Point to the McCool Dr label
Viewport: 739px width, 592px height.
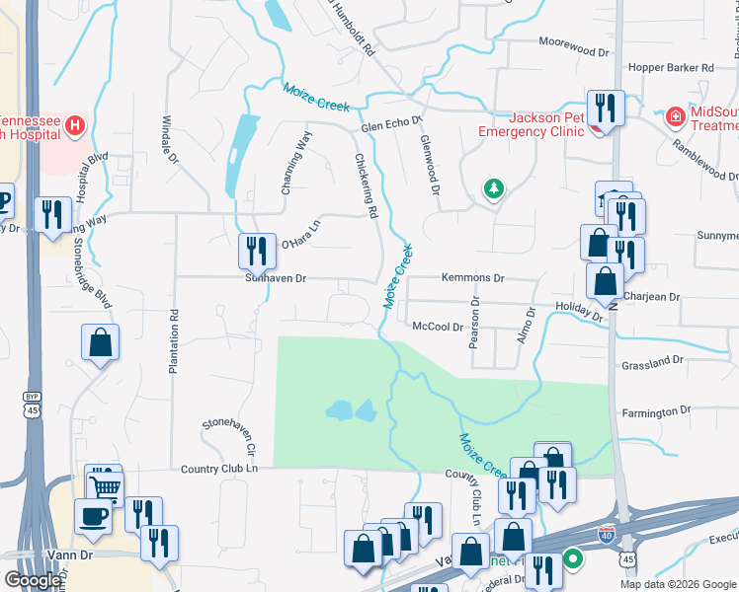coord(438,327)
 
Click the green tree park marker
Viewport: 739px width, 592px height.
coord(492,187)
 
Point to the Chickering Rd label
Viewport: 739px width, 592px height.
coord(367,185)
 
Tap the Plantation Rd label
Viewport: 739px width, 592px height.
coord(173,342)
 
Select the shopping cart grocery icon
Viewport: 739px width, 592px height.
coord(104,484)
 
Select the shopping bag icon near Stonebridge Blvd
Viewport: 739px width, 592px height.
coord(101,344)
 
